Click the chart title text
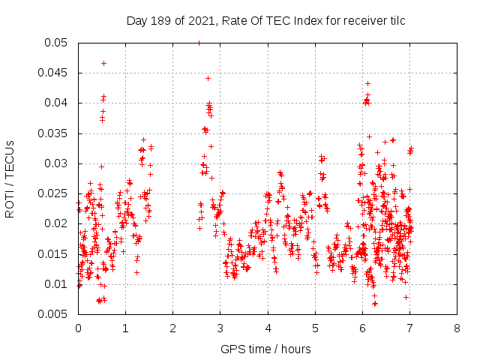pos(265,21)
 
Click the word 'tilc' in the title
pos(396,21)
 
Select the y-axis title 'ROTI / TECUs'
pos(10,178)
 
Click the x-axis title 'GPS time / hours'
pos(265,349)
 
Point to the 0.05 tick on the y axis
pos(57,43)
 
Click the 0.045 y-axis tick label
pos(54,73)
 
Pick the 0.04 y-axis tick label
pos(57,103)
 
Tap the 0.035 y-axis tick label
pos(54,133)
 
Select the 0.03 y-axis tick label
pos(57,163)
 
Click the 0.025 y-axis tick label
pos(54,193)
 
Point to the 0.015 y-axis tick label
pos(54,253)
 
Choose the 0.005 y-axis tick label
pos(54,314)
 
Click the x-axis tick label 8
pos(457,328)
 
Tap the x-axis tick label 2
pos(172,328)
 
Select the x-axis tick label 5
pos(315,328)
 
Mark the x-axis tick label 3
pos(220,328)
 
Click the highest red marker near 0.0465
pos(103,63)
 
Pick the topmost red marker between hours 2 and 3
pos(208,78)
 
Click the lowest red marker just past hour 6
pos(374,303)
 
